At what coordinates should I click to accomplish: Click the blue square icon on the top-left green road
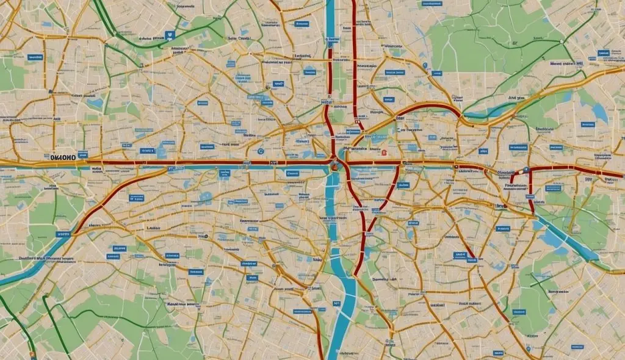click(x=170, y=37)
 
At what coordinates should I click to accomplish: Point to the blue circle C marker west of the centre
click(x=261, y=151)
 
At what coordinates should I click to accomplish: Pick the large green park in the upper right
click(x=488, y=37)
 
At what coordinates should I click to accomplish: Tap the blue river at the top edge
click(x=330, y=18)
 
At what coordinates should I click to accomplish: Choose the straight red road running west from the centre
click(x=183, y=164)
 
